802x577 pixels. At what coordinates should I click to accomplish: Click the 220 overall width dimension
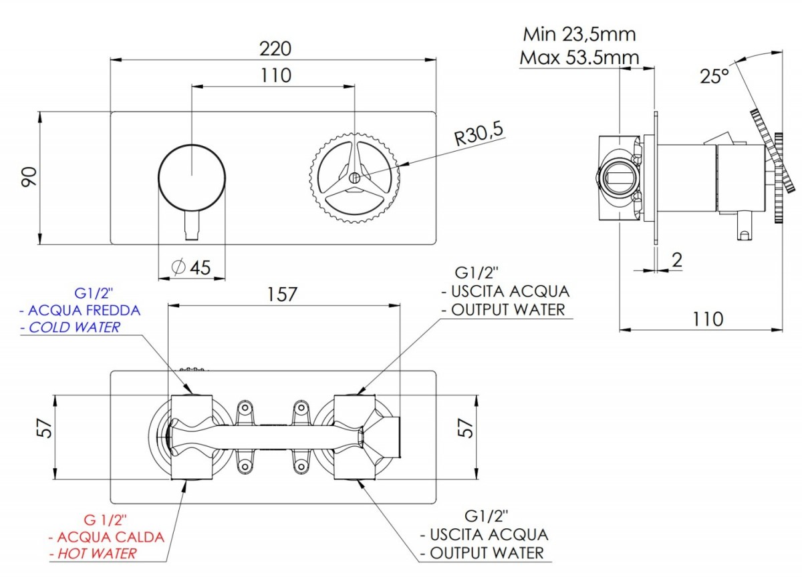coord(275,49)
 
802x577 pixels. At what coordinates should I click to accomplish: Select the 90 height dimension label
coord(29,177)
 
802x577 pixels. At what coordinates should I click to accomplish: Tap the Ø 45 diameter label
coord(191,267)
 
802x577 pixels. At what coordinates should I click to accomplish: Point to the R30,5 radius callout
coord(479,134)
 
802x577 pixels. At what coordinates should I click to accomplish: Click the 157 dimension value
coord(282,295)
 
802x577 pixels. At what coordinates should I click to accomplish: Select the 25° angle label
coord(714,76)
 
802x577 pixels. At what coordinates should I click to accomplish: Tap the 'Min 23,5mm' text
coord(579,35)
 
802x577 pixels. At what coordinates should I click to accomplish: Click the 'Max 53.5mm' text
coord(579,57)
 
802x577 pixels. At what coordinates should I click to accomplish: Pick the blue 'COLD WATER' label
coord(74,327)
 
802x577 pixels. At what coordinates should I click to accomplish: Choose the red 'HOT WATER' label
coord(97,554)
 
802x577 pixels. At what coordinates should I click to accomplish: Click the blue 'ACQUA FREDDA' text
coord(84,310)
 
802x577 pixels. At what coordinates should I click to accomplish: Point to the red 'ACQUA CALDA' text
coord(110,536)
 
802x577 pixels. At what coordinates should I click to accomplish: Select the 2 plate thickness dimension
coord(676,260)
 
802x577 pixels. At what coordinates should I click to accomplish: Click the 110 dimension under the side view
coord(708,319)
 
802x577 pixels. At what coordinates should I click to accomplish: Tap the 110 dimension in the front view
coord(275,75)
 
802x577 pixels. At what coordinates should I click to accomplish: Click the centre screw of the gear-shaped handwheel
coord(354,178)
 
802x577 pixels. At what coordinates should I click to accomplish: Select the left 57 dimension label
coord(45,428)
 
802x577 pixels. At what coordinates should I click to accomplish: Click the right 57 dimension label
coord(465,428)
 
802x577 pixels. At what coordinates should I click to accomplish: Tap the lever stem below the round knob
coord(192,225)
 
